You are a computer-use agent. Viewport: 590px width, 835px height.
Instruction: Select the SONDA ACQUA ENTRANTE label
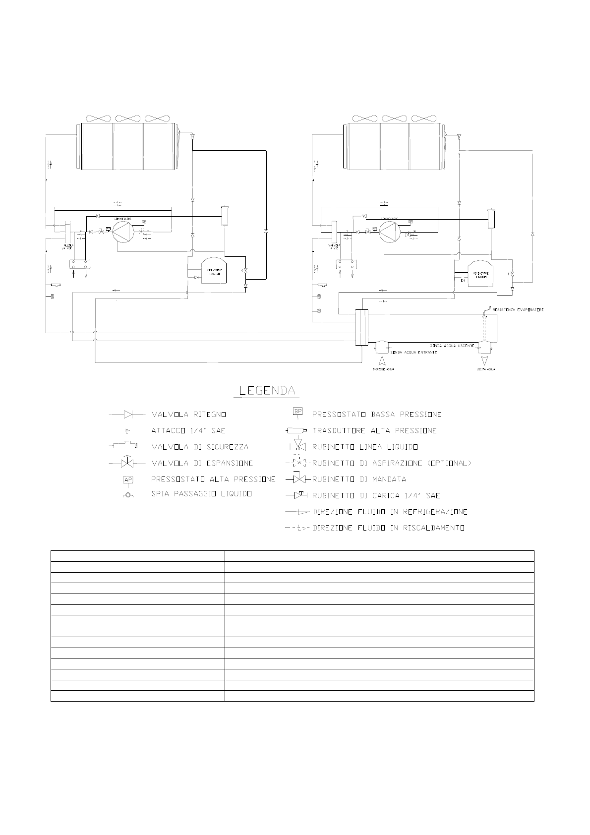(413, 352)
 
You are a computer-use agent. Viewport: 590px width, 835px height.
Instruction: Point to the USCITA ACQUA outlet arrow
(484, 359)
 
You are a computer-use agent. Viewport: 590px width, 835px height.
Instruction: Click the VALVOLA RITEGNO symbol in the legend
(128, 414)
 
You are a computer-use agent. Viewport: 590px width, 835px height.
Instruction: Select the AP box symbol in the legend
(128, 480)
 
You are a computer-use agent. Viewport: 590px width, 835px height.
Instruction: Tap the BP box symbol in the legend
(298, 412)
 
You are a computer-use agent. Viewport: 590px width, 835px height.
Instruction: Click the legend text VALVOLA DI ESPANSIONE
(202, 463)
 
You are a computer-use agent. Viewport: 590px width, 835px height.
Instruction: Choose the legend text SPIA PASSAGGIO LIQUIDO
(202, 494)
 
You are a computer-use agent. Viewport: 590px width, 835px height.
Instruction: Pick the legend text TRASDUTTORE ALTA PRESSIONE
(374, 430)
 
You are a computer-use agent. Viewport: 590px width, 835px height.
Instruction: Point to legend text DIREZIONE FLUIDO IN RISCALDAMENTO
(389, 528)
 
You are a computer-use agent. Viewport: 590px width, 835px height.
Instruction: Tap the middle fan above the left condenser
(128, 119)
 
